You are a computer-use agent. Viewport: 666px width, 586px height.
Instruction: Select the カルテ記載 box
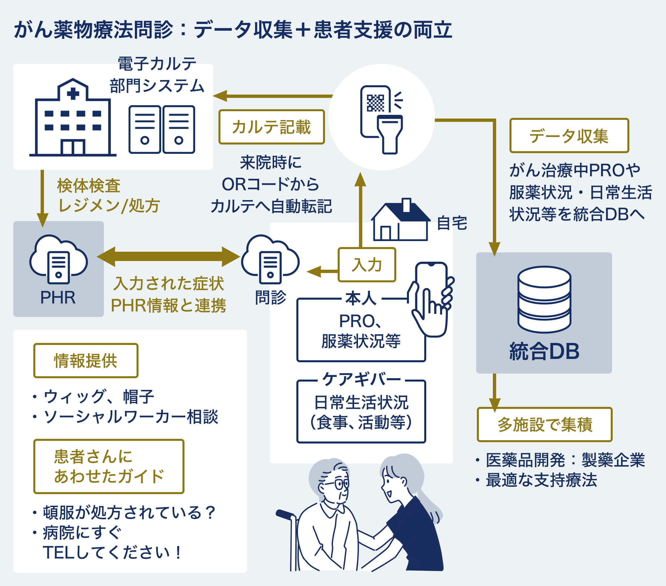[x=271, y=127]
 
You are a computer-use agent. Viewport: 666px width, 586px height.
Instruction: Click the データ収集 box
[x=569, y=136]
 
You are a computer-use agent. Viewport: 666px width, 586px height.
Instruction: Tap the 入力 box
[x=367, y=265]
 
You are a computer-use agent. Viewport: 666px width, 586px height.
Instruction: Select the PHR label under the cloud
[x=58, y=297]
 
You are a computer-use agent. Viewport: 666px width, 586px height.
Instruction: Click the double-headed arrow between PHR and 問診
[x=168, y=256]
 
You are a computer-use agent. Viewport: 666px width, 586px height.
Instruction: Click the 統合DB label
[x=544, y=351]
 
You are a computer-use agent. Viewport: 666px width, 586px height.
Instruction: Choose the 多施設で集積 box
[x=544, y=425]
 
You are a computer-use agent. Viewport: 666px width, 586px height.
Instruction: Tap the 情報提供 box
[x=86, y=361]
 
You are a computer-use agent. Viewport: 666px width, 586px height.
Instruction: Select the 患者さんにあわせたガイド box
[x=109, y=466]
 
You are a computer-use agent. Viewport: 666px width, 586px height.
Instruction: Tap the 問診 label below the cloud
[x=270, y=297]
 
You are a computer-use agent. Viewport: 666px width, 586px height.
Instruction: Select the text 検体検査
[x=89, y=185]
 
